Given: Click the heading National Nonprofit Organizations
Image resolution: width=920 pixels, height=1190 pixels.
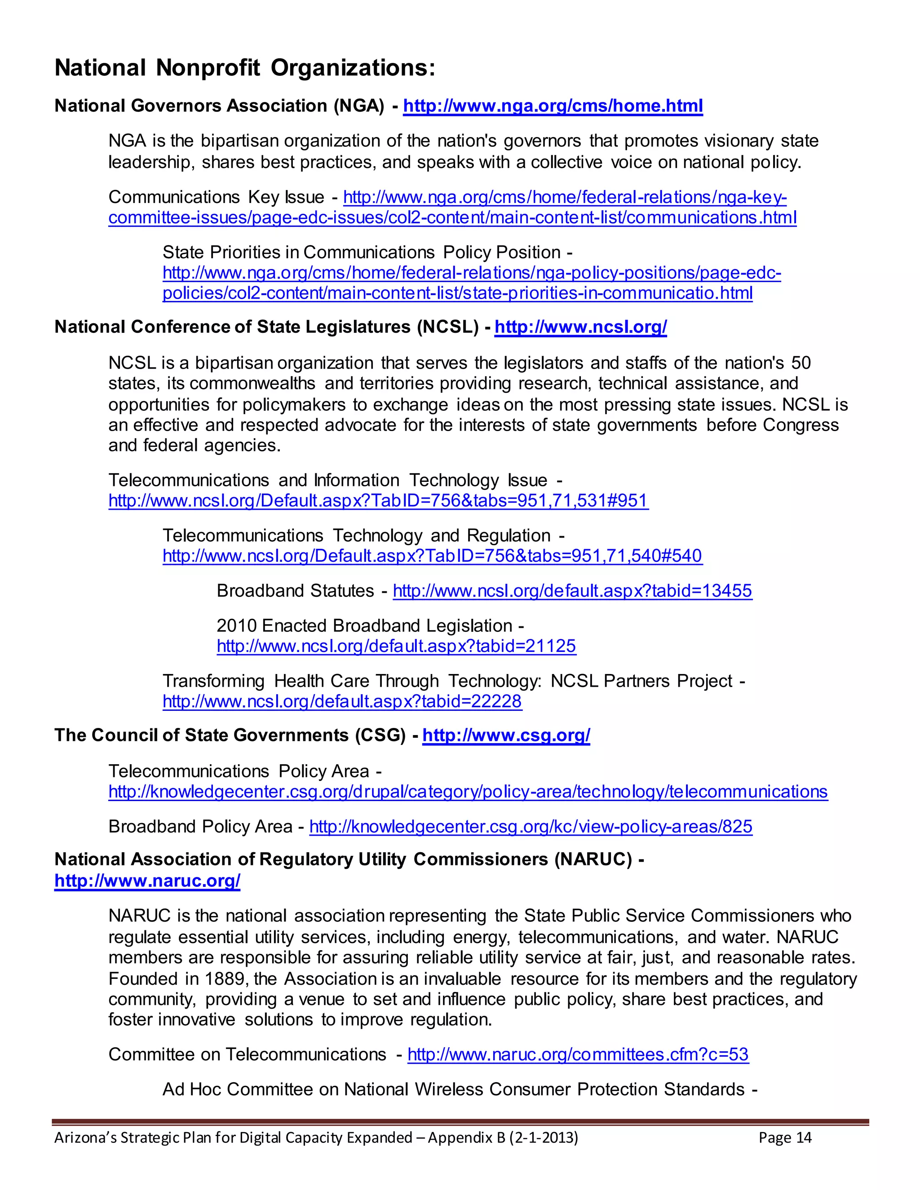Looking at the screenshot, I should pos(245,68).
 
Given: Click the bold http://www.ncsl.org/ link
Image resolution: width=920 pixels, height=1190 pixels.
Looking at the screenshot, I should pos(580,327).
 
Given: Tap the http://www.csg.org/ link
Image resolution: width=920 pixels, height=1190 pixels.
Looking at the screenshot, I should pos(506,735).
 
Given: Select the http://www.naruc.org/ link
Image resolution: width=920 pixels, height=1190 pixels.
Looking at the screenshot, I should pos(147,881).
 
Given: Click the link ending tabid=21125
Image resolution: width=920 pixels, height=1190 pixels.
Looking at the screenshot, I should pos(396,646).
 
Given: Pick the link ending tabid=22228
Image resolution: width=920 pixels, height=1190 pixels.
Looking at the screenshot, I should pos(342,701).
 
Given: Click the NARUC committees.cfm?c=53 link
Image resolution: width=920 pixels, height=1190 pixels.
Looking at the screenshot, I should pos(578,1054).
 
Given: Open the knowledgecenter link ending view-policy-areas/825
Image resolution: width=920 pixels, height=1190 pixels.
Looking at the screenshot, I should pos(531,827).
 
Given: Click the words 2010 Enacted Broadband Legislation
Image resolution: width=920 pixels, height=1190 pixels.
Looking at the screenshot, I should pos(364,626).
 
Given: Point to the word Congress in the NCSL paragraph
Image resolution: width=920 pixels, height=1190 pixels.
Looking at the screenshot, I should pos(801,425).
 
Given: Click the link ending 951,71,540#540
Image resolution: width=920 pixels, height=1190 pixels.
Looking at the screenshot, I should pos(432,556).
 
